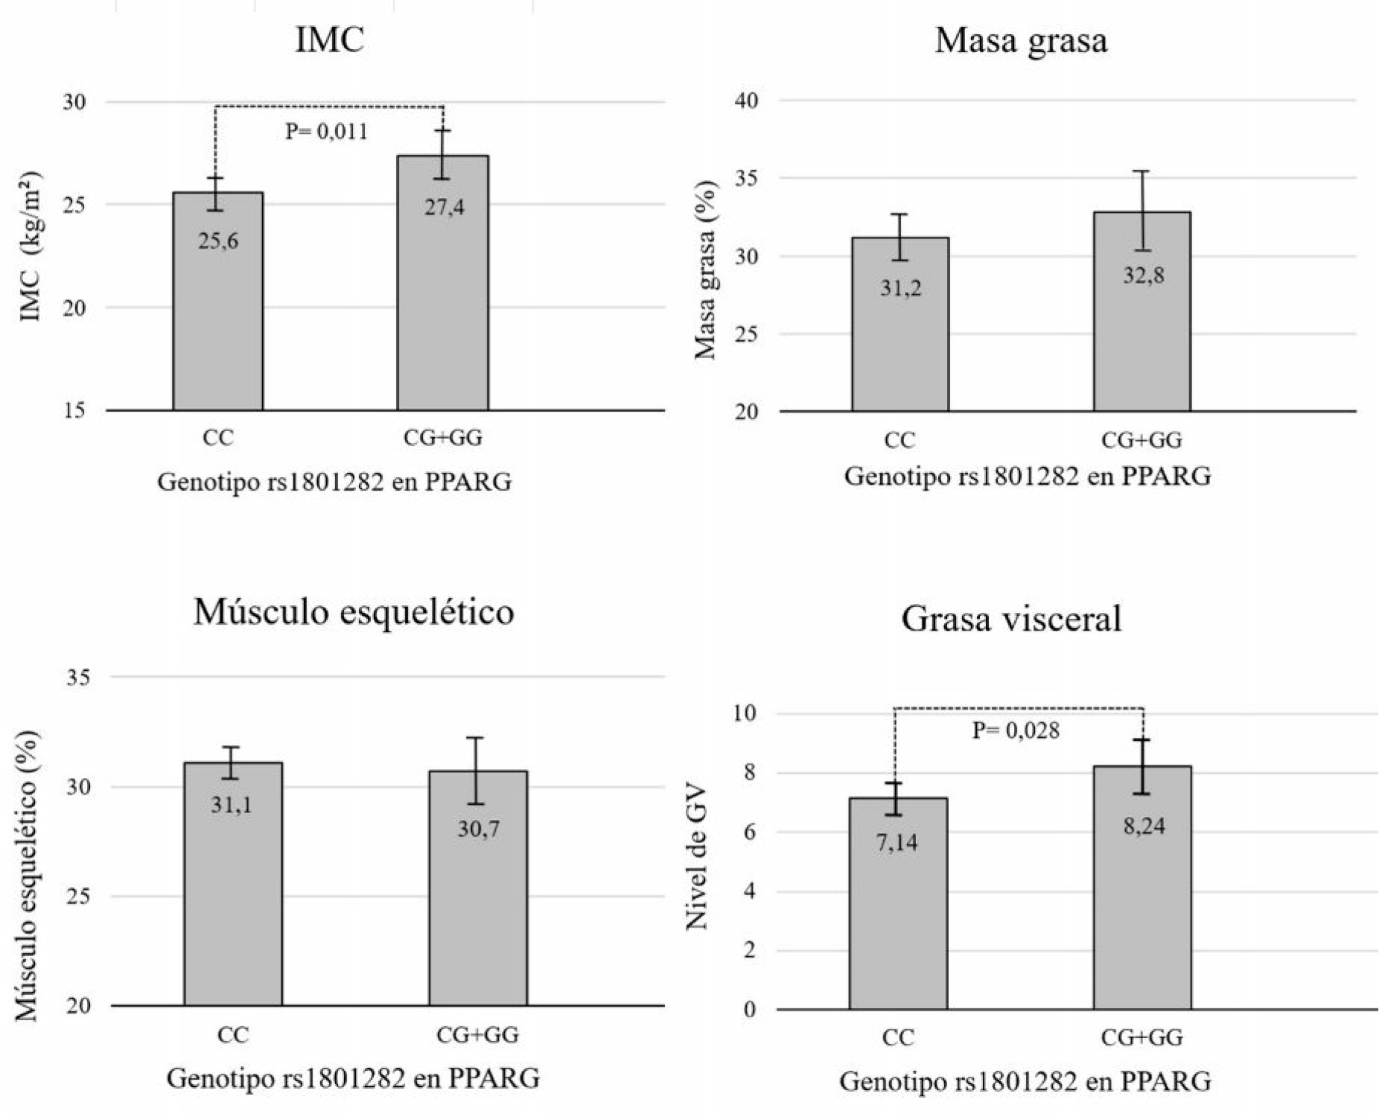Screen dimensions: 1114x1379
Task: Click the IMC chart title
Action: pos(329,39)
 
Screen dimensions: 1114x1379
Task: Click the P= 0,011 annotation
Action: pos(326,132)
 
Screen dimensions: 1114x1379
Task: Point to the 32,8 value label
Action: pos(1143,276)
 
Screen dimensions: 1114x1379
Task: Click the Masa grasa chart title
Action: pos(1021,41)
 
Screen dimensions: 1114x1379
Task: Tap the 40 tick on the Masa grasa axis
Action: pos(746,101)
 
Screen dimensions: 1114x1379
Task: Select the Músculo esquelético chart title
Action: pos(354,612)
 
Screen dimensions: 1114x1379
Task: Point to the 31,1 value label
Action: pos(231,805)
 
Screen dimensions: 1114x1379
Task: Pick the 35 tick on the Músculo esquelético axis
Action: pos(77,678)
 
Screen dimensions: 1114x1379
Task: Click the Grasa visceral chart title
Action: pos(1011,619)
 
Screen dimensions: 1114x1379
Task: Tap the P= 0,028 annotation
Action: pos(1016,731)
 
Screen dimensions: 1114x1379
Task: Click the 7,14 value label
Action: pos(896,843)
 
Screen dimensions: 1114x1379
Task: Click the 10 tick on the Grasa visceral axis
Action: pos(743,713)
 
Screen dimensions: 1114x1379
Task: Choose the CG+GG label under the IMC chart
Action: pos(442,438)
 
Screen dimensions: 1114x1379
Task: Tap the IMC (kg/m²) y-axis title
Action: pos(31,246)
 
